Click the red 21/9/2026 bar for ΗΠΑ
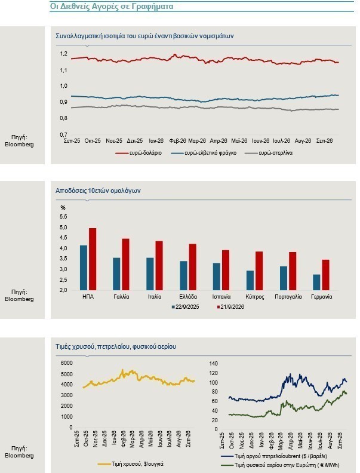(93, 259)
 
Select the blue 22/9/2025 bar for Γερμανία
(316, 282)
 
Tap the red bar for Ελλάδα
(193, 267)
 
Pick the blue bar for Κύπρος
(250, 280)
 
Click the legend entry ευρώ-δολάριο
(139, 153)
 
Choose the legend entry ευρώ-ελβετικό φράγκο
(204, 153)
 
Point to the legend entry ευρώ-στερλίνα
(269, 153)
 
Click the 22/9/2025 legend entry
(186, 307)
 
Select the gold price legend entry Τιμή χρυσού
(130, 463)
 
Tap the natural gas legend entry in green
(281, 465)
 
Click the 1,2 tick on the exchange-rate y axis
(63, 54)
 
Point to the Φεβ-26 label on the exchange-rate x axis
(177, 141)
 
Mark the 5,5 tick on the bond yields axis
(64, 217)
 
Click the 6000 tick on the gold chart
(67, 363)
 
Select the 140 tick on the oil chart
(214, 364)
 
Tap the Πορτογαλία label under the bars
(288, 297)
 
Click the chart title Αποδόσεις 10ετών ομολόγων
(98, 191)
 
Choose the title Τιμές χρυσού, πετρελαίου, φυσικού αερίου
(116, 346)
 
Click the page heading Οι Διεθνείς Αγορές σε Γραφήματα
(112, 7)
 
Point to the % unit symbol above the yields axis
(63, 208)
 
